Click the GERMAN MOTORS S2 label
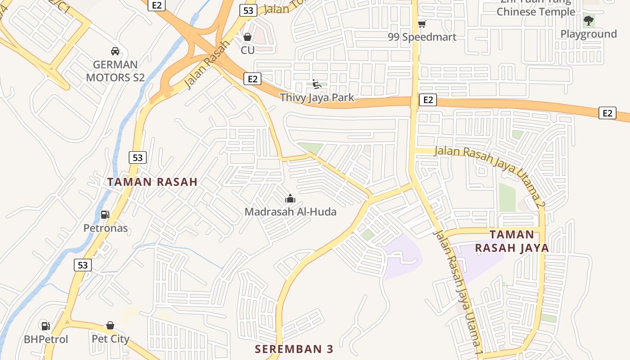(x=115, y=71)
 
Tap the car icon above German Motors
(x=115, y=51)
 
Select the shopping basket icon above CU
(x=247, y=37)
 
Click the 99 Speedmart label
(x=422, y=37)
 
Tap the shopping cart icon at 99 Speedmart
(x=422, y=24)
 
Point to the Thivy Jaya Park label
(x=317, y=97)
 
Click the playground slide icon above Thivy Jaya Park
(x=316, y=84)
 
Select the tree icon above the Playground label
(x=588, y=20)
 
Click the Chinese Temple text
(x=535, y=12)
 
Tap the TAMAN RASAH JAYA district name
(x=512, y=241)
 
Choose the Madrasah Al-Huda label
(x=290, y=211)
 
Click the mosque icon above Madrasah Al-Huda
(x=290, y=198)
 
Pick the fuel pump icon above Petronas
(x=105, y=215)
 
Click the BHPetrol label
(x=46, y=339)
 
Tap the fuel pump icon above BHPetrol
(x=45, y=326)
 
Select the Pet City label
(x=110, y=339)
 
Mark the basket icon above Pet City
(x=110, y=325)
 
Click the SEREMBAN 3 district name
(x=294, y=349)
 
